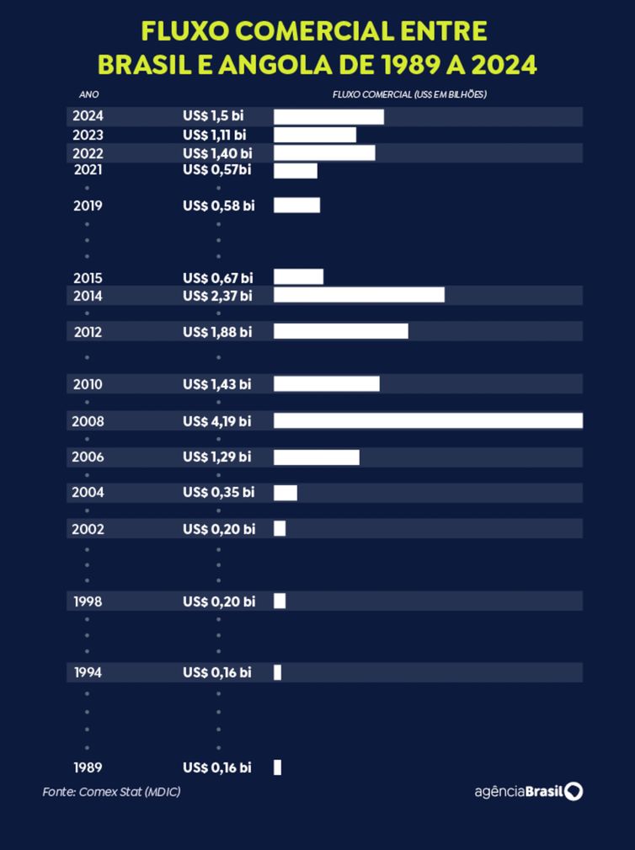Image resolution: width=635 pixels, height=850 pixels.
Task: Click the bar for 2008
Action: click(x=428, y=420)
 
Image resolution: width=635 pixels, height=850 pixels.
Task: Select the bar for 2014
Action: click(x=359, y=295)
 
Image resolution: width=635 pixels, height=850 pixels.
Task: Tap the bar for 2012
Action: click(x=340, y=331)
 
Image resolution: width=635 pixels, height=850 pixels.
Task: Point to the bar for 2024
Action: click(x=328, y=116)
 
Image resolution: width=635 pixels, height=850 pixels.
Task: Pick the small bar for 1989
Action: click(x=277, y=767)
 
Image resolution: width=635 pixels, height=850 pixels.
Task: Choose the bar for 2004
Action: click(x=285, y=493)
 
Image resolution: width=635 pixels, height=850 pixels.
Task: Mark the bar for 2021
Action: click(x=295, y=170)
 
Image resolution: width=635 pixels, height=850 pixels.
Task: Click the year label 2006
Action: click(x=88, y=457)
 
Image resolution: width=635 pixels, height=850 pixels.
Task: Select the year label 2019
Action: click(x=88, y=205)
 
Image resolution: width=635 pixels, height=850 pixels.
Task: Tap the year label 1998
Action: click(x=88, y=601)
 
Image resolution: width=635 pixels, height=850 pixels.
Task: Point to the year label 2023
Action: click(x=88, y=134)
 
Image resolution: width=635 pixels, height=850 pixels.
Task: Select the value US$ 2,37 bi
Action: click(x=216, y=295)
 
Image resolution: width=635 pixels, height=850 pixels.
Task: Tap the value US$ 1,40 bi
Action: click(x=217, y=152)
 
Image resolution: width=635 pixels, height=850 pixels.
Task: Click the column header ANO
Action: click(x=88, y=94)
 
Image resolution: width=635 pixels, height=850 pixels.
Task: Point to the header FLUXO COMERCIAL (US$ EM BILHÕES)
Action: click(x=410, y=94)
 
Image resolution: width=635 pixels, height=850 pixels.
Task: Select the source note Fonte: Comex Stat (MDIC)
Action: click(x=111, y=792)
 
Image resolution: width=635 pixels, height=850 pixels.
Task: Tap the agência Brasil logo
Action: click(x=528, y=792)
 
